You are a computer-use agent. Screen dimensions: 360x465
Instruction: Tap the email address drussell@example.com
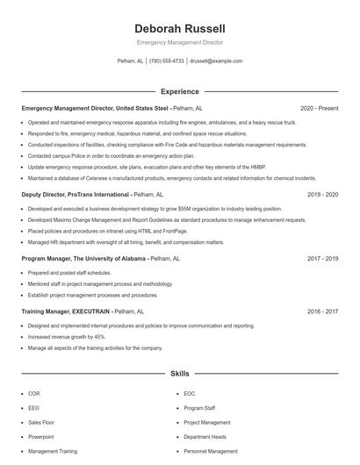pos(215,61)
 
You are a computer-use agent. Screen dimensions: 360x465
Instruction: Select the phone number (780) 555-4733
pos(167,61)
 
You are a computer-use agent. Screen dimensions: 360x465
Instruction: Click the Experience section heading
pos(180,91)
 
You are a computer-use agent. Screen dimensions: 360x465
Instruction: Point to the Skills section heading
pos(180,374)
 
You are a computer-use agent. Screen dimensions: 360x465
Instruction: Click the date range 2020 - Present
pos(319,108)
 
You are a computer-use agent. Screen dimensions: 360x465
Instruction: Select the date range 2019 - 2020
pos(322,194)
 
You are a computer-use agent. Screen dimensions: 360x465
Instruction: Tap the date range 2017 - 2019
pos(322,259)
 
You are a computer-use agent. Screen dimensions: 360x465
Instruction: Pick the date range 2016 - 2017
pos(322,311)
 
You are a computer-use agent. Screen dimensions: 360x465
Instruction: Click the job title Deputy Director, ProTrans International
pos(76,194)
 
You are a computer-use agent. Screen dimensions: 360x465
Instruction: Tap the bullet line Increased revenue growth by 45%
pos(67,337)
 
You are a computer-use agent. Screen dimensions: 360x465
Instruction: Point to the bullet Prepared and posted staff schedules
pos(69,273)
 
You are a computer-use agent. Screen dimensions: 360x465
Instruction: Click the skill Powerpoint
pos(40,436)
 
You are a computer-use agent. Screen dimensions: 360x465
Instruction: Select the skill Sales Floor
pos(41,422)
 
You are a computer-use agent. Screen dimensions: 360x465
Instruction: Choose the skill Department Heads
pos(205,436)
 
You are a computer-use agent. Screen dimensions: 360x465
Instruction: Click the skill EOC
pos(190,394)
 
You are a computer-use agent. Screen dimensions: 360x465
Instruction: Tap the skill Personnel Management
pos(211,451)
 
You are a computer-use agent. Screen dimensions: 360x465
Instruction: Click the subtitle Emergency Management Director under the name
pos(180,42)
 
